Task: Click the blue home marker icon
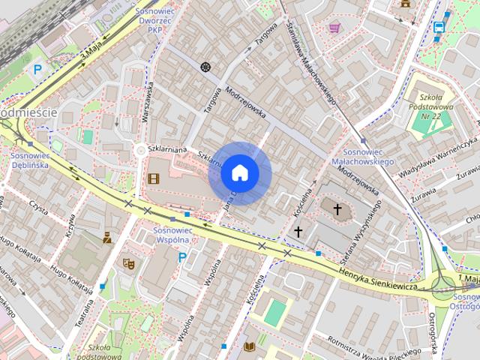click(240, 173)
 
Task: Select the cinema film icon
click(154, 178)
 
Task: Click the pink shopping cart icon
click(334, 28)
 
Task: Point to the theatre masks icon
click(128, 264)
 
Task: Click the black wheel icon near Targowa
click(205, 67)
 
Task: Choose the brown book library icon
click(250, 346)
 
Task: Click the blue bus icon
click(439, 27)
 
